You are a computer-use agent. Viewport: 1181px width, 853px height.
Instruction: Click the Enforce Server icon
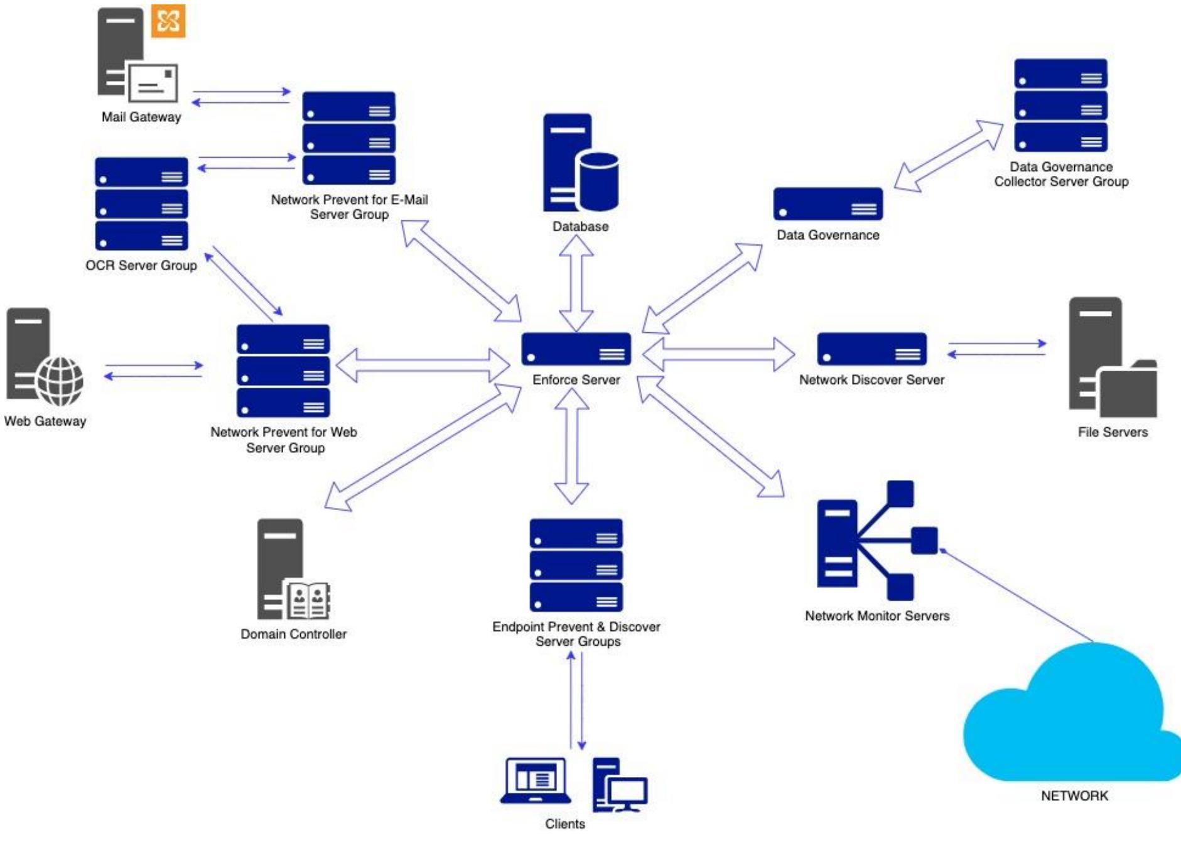[576, 349]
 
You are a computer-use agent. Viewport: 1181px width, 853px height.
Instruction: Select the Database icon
[580, 163]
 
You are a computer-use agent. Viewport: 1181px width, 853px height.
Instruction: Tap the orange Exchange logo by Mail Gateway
[168, 21]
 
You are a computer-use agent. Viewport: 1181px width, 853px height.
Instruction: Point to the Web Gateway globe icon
[60, 381]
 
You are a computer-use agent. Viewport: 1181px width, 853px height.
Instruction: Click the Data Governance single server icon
[828, 204]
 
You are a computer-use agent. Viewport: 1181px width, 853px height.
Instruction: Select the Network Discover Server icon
[871, 349]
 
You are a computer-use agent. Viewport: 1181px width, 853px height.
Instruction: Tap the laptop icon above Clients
[536, 781]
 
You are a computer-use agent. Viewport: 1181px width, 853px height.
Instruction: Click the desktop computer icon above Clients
[620, 786]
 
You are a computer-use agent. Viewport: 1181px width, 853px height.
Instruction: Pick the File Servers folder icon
[1128, 393]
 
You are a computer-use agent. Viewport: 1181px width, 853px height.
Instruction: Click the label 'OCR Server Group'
[141, 265]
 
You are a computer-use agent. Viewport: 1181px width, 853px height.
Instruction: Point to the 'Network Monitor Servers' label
[876, 616]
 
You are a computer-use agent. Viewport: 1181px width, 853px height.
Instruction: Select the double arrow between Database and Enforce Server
[576, 284]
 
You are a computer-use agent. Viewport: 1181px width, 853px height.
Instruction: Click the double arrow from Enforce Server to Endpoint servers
[571, 447]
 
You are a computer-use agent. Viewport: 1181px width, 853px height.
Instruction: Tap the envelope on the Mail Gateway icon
[153, 83]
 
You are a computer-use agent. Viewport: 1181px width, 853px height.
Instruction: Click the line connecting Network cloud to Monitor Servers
[1017, 597]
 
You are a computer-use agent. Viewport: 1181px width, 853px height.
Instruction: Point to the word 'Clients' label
[564, 823]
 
